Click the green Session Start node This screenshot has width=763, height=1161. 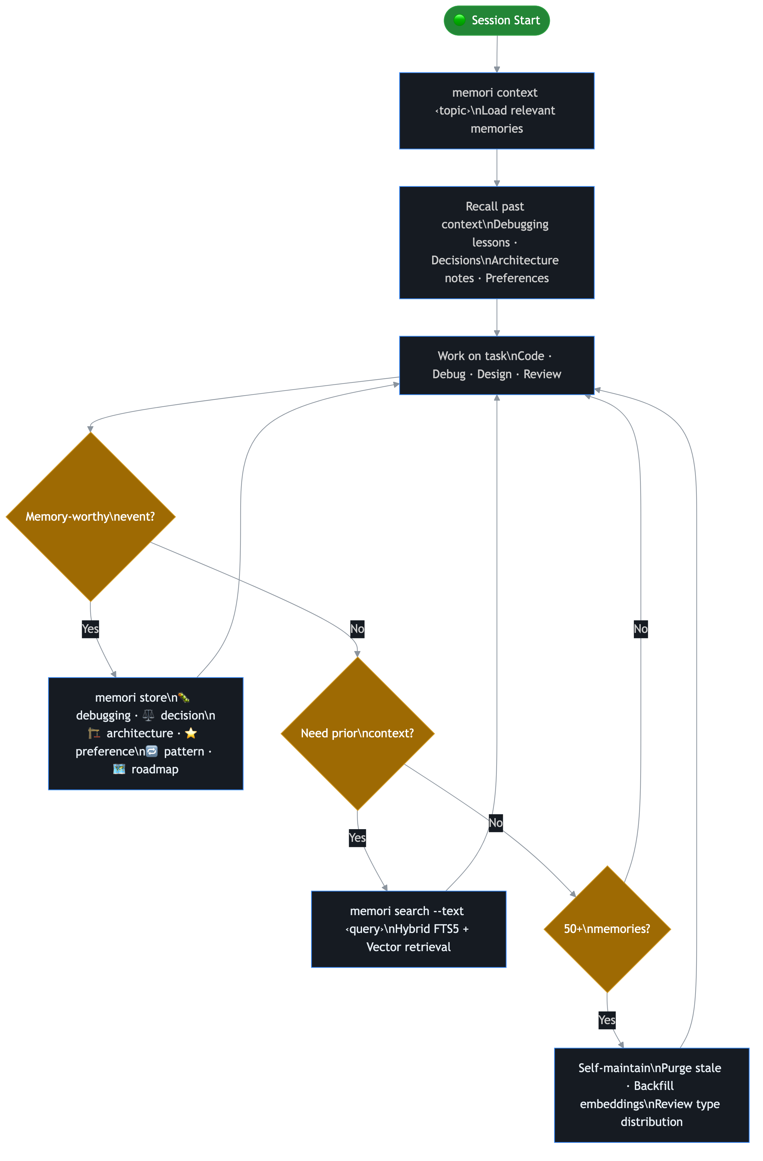(x=497, y=20)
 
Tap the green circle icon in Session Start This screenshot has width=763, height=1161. (x=459, y=20)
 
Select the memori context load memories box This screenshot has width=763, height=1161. (x=497, y=111)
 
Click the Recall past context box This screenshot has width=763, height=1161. (x=497, y=242)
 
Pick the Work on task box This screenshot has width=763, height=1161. (x=497, y=365)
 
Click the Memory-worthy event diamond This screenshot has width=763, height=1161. (x=90, y=517)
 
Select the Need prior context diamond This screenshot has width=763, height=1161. (x=357, y=733)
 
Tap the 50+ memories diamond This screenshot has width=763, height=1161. (x=607, y=929)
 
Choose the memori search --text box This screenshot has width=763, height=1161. (x=408, y=929)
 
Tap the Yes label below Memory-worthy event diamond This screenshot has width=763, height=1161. (x=90, y=629)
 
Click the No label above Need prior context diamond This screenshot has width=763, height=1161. (x=357, y=629)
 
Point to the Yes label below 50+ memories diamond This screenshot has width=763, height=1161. (x=607, y=1020)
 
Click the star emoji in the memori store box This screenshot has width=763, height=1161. (x=191, y=733)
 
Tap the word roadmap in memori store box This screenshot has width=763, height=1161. (x=155, y=769)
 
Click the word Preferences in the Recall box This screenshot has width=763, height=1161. (x=517, y=278)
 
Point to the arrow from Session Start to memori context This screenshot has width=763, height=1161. (x=497, y=54)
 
